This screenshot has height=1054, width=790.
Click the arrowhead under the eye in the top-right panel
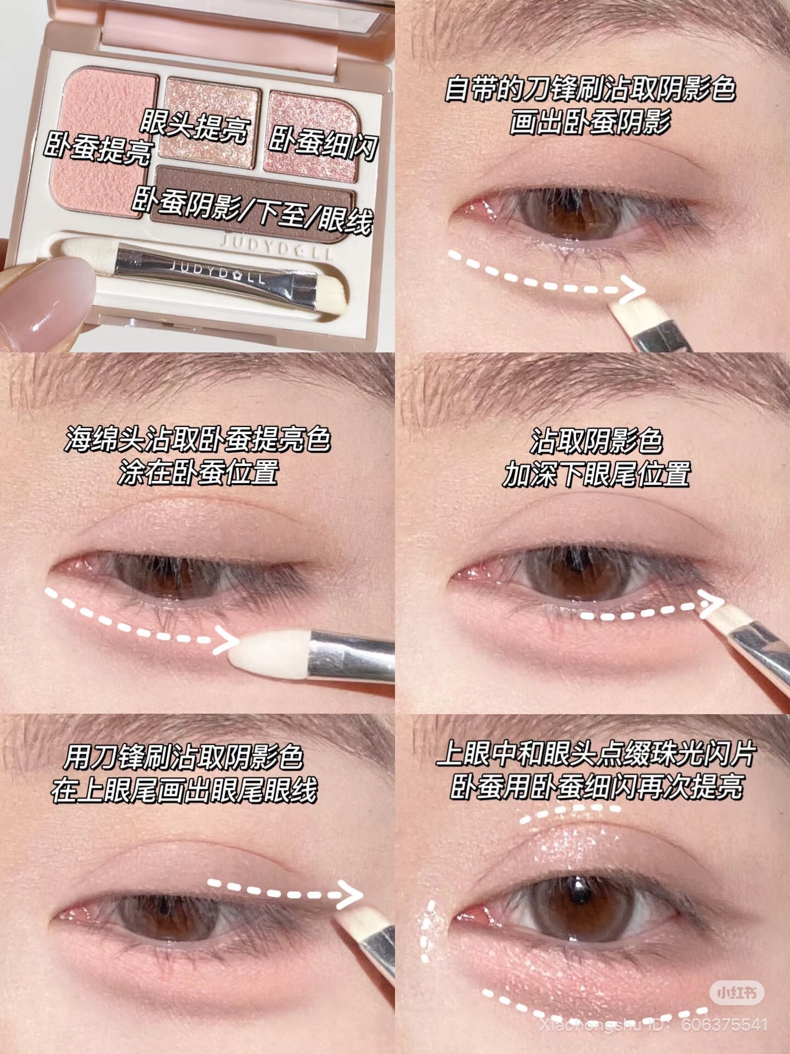(631, 290)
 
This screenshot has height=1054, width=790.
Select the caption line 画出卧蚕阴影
(590, 121)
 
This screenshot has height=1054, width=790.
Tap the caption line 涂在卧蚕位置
(198, 472)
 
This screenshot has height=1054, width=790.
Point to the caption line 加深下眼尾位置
(596, 473)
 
